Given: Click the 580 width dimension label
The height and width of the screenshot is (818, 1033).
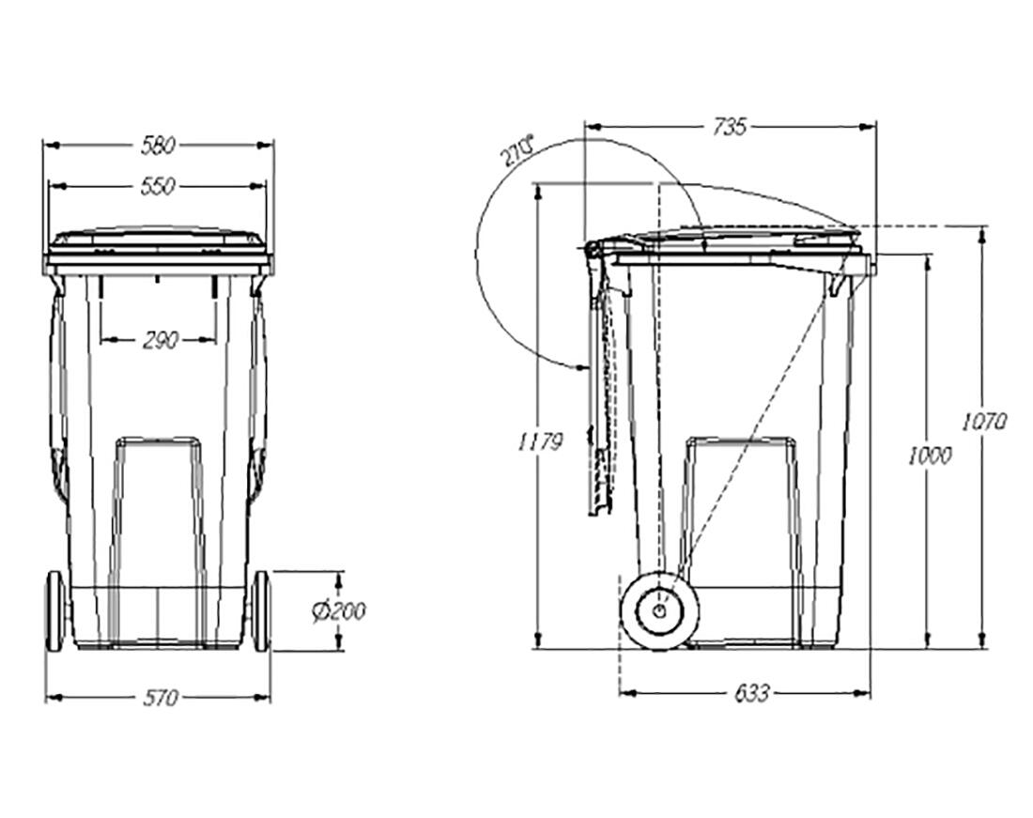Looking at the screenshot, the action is (158, 145).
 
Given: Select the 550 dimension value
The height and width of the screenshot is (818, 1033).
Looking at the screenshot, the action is (158, 186).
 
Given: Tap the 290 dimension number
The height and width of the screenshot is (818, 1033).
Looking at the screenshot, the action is (160, 340).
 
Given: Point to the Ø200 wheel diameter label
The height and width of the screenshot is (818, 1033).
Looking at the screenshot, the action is (339, 611).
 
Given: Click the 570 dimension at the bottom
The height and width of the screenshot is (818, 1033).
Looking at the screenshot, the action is (161, 697).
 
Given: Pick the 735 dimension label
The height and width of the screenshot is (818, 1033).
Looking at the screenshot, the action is (730, 126).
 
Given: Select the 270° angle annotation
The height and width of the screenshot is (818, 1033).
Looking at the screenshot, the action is (517, 151).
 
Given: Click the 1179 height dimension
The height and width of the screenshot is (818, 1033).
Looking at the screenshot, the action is (540, 440).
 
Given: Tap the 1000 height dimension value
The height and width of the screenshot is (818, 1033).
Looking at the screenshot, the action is (929, 455).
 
